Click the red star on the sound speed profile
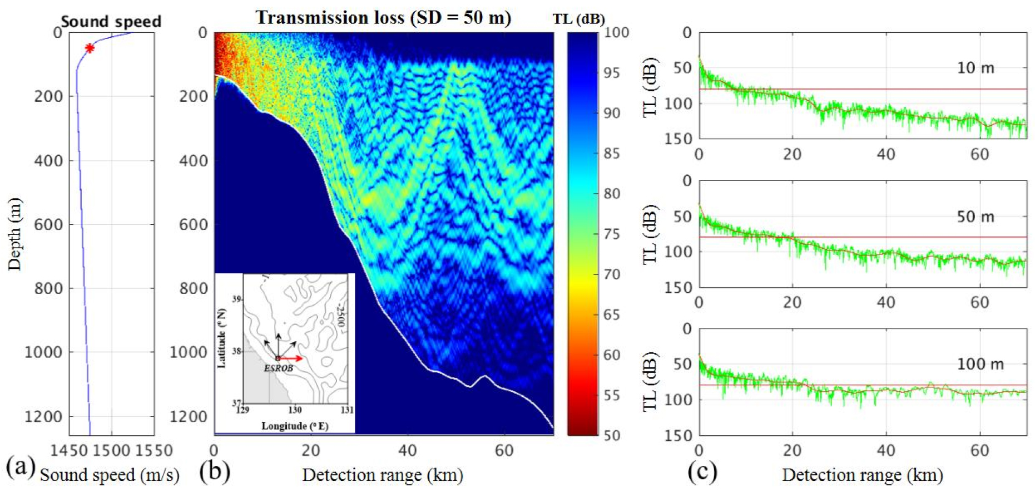click(90, 48)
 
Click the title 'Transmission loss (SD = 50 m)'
click(383, 18)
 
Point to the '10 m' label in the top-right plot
click(975, 68)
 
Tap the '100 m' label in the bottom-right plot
click(980, 364)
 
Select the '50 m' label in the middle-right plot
click(975, 217)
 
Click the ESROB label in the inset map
click(278, 368)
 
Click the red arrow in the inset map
click(291, 359)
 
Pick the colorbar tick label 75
click(612, 234)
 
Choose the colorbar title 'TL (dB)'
click(578, 19)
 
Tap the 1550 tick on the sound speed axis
click(154, 450)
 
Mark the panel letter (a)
click(21, 467)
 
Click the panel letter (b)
click(214, 471)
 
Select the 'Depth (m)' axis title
click(14, 234)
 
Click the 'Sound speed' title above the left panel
click(111, 22)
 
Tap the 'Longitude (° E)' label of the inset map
click(295, 426)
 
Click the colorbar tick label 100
click(616, 32)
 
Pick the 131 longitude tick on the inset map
click(347, 410)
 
